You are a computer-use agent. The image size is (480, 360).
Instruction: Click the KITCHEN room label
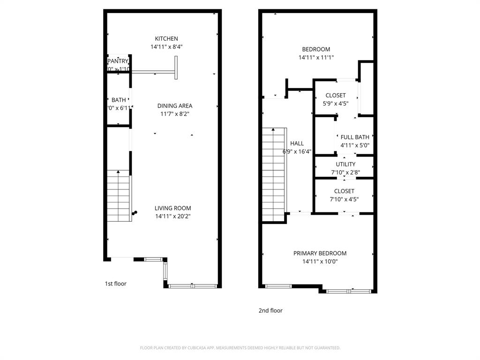[166, 38]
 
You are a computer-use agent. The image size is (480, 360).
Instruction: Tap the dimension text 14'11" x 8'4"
[166, 47]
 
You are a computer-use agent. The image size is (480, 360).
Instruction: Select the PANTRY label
[118, 61]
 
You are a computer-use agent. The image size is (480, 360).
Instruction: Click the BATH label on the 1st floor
[119, 100]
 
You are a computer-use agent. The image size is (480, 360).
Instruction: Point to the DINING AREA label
[174, 106]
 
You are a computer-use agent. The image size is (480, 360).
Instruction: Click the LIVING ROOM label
[173, 208]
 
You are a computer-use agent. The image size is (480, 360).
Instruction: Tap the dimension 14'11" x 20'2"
[173, 217]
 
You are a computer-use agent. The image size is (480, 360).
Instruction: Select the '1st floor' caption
[115, 284]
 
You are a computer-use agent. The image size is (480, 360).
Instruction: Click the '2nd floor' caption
[270, 310]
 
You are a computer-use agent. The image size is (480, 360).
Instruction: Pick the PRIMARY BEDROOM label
[320, 253]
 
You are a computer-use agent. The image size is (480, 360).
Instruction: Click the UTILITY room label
[345, 164]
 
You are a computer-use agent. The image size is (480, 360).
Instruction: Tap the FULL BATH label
[355, 137]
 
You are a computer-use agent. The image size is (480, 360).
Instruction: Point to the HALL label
[297, 143]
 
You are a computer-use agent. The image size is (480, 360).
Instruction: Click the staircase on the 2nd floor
[273, 173]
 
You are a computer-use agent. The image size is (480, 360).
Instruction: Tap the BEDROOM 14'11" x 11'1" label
[316, 49]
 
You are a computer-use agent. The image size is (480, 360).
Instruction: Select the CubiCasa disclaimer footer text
[240, 348]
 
